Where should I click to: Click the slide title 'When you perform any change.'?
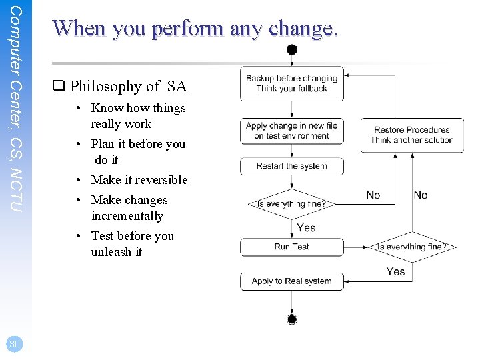point(195,29)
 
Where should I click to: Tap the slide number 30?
point(14,343)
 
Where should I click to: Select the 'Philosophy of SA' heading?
point(121,87)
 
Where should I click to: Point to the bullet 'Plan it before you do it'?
point(137,152)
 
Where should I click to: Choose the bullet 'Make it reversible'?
point(139,180)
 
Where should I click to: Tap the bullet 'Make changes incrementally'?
point(129,208)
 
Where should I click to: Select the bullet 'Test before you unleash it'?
point(132,244)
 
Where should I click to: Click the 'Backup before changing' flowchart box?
point(291,83)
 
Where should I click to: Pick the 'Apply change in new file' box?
point(291,131)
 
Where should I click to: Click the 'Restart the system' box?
point(291,166)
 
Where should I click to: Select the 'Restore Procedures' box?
point(411,135)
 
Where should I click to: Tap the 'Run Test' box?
point(291,247)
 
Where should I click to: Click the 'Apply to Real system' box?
point(291,281)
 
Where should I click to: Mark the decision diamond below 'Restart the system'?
point(291,204)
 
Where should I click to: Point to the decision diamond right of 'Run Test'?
point(411,247)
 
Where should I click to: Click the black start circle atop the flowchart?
point(291,49)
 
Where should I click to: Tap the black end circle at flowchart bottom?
point(291,319)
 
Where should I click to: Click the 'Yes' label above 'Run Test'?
point(306,227)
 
